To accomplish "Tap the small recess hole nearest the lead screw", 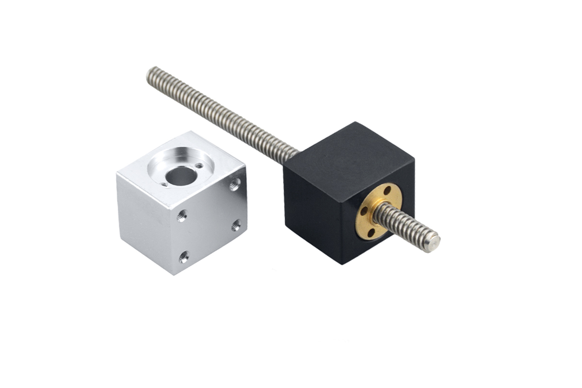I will [x=199, y=166].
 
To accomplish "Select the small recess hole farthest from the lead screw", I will [x=164, y=184].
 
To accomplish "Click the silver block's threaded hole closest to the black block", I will [x=235, y=183].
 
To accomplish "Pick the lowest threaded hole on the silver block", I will [x=183, y=257].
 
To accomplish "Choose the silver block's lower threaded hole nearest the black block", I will [x=236, y=225].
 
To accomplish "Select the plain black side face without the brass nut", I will [x=315, y=213].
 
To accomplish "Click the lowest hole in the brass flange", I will [x=371, y=233].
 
